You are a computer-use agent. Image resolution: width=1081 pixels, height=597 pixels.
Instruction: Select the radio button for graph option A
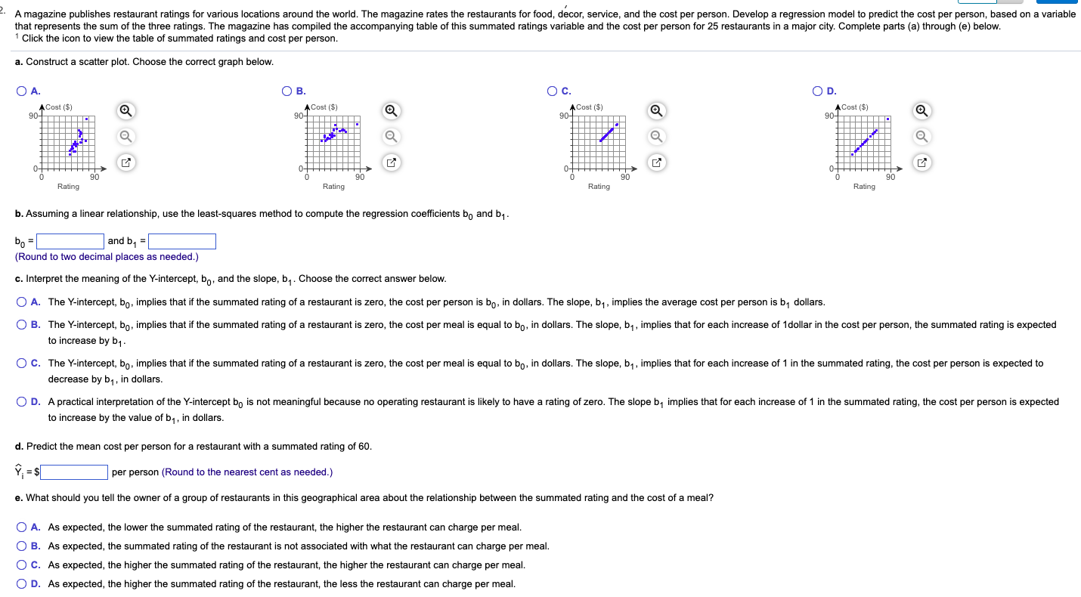point(22,91)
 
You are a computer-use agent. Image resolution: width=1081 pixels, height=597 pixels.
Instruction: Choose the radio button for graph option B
point(287,91)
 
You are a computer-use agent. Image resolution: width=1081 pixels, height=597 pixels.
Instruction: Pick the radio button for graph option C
point(553,91)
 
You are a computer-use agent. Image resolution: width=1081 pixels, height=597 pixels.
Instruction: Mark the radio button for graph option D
point(818,91)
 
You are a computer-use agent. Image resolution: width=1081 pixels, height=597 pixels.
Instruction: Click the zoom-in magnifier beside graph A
point(126,111)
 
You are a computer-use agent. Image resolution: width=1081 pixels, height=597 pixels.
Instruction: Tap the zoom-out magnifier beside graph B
point(392,137)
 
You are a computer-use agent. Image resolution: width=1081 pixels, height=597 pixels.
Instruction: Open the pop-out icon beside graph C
point(657,162)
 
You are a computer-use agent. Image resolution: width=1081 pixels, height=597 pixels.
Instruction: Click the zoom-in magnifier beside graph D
point(922,111)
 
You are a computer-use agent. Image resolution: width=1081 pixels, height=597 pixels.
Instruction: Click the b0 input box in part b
point(70,241)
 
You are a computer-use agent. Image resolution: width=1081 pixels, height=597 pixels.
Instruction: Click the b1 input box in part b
point(182,241)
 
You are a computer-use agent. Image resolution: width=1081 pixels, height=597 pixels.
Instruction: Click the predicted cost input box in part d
point(74,472)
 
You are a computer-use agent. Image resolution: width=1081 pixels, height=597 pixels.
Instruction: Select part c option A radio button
point(22,302)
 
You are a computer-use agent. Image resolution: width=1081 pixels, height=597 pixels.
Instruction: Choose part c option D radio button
point(22,402)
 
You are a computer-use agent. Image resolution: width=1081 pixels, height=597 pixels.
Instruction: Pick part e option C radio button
point(22,565)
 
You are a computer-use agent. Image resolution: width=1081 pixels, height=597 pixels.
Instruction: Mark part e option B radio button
point(22,546)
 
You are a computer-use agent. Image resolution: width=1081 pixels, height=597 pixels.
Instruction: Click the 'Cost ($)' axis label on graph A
point(59,107)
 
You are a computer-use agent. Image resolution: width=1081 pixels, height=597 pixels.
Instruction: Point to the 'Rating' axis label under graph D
point(864,187)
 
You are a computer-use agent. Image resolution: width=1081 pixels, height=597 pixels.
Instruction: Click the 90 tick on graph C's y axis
point(564,116)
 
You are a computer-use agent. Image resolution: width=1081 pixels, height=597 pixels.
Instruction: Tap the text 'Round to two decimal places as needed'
point(107,257)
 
